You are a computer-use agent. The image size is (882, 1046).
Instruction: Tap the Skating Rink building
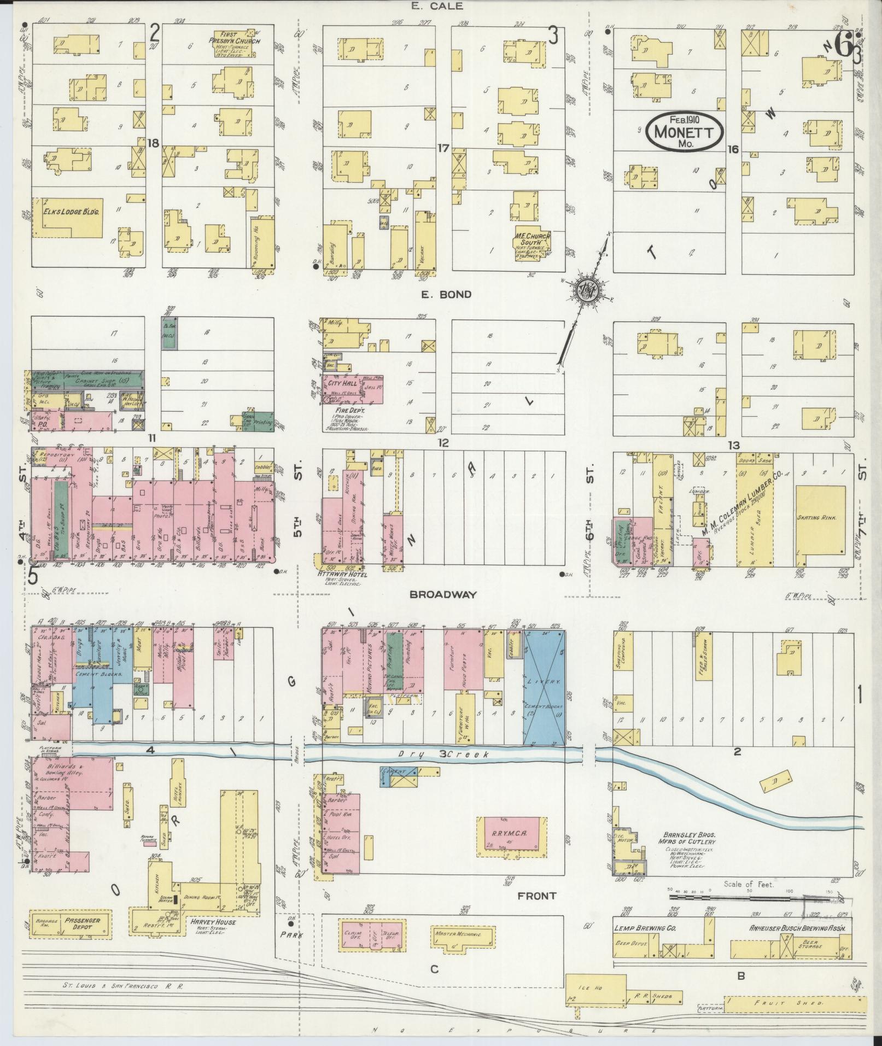[x=821, y=517]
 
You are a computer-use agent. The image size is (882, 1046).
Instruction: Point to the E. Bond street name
[x=446, y=294]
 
